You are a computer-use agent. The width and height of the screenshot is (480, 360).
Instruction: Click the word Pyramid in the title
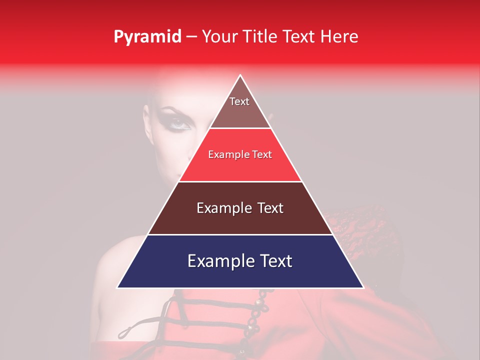point(147,36)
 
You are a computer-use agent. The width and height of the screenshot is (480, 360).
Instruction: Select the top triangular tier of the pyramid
point(240,107)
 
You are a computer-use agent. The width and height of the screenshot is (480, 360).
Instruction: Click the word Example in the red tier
point(227,155)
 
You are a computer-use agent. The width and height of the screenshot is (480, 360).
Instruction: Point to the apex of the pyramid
point(240,75)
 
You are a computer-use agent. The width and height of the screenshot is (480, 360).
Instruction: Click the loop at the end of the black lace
point(125,330)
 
